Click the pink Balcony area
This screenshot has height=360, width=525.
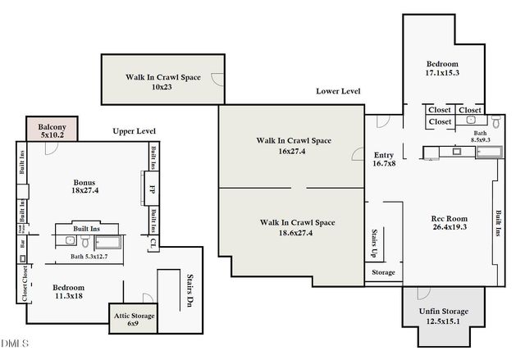click(52, 130)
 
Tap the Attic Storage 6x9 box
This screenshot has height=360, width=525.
click(133, 319)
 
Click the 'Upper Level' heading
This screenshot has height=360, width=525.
click(135, 131)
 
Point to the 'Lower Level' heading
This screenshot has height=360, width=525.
click(340, 91)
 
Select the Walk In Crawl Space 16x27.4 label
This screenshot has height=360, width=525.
click(294, 145)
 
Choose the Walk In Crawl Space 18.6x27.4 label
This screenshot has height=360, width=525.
click(297, 227)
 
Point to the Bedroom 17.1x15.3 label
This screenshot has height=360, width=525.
click(441, 68)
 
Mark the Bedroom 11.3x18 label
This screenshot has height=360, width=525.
click(67, 293)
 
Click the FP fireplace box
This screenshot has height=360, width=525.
click(153, 188)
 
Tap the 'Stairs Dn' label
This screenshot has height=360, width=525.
click(189, 289)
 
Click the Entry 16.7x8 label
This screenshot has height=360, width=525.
click(384, 158)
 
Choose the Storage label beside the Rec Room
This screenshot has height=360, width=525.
click(383, 272)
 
